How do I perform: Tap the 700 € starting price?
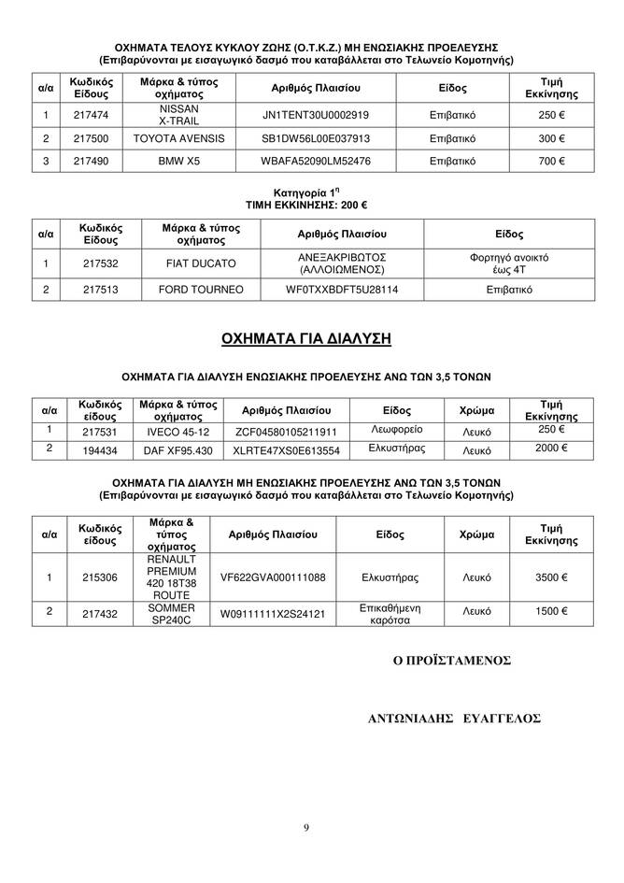(553, 162)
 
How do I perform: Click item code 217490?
(90, 162)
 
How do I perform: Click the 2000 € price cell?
(553, 449)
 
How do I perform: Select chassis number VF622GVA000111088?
(273, 577)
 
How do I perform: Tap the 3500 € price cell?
(553, 577)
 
